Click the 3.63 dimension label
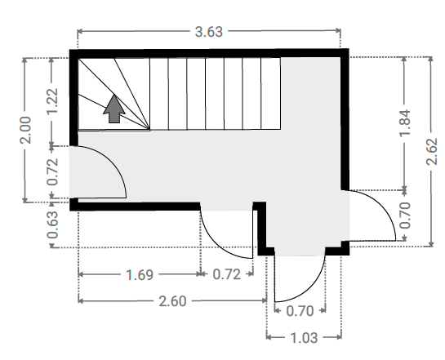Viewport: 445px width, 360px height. pos(209,32)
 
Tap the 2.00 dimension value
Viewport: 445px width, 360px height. pos(25,130)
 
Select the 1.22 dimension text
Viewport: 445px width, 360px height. pos(52,101)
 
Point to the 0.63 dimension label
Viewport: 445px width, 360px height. pos(52,225)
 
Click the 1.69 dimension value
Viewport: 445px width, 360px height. pos(140,275)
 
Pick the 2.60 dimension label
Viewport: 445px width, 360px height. pos(172,301)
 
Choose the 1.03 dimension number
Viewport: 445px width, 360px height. pos(304,338)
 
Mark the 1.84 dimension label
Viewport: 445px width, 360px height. pos(405,122)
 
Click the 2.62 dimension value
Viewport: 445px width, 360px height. pos(432,152)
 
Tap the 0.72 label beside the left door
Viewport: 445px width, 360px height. pos(52,171)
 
